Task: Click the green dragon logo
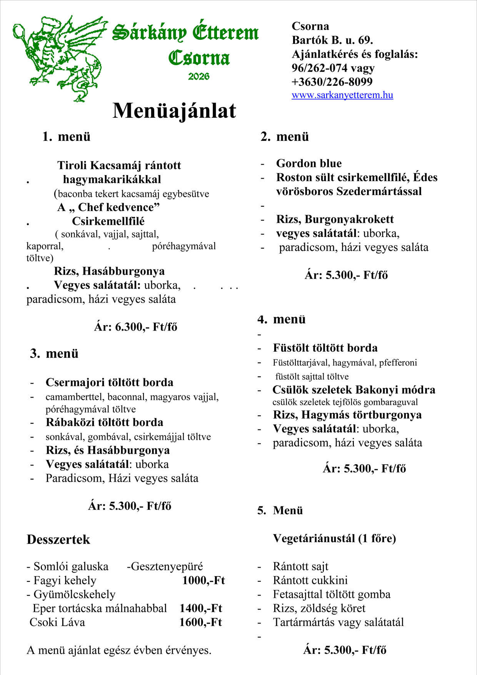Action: pyautogui.click(x=58, y=58)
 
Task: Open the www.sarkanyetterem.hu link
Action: pyautogui.click(x=342, y=95)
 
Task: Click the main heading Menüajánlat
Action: pyautogui.click(x=174, y=111)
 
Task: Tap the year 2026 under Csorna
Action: pyautogui.click(x=198, y=76)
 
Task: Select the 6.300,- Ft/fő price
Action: pyautogui.click(x=135, y=327)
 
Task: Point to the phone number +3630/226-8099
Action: pyautogui.click(x=332, y=82)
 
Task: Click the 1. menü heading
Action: pyautogui.click(x=66, y=137)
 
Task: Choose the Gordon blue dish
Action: pyautogui.click(x=309, y=163)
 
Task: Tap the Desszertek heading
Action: pyautogui.click(x=58, y=540)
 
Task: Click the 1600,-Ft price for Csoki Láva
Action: pyautogui.click(x=200, y=622)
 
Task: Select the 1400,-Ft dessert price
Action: pyautogui.click(x=201, y=608)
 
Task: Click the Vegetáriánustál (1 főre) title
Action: pyautogui.click(x=334, y=538)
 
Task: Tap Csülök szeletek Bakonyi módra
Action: pyautogui.click(x=354, y=390)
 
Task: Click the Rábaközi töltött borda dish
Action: pyautogui.click(x=104, y=423)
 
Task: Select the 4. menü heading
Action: pyautogui.click(x=281, y=319)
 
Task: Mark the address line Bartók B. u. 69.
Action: pyautogui.click(x=332, y=40)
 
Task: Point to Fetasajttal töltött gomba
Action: pyautogui.click(x=332, y=595)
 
